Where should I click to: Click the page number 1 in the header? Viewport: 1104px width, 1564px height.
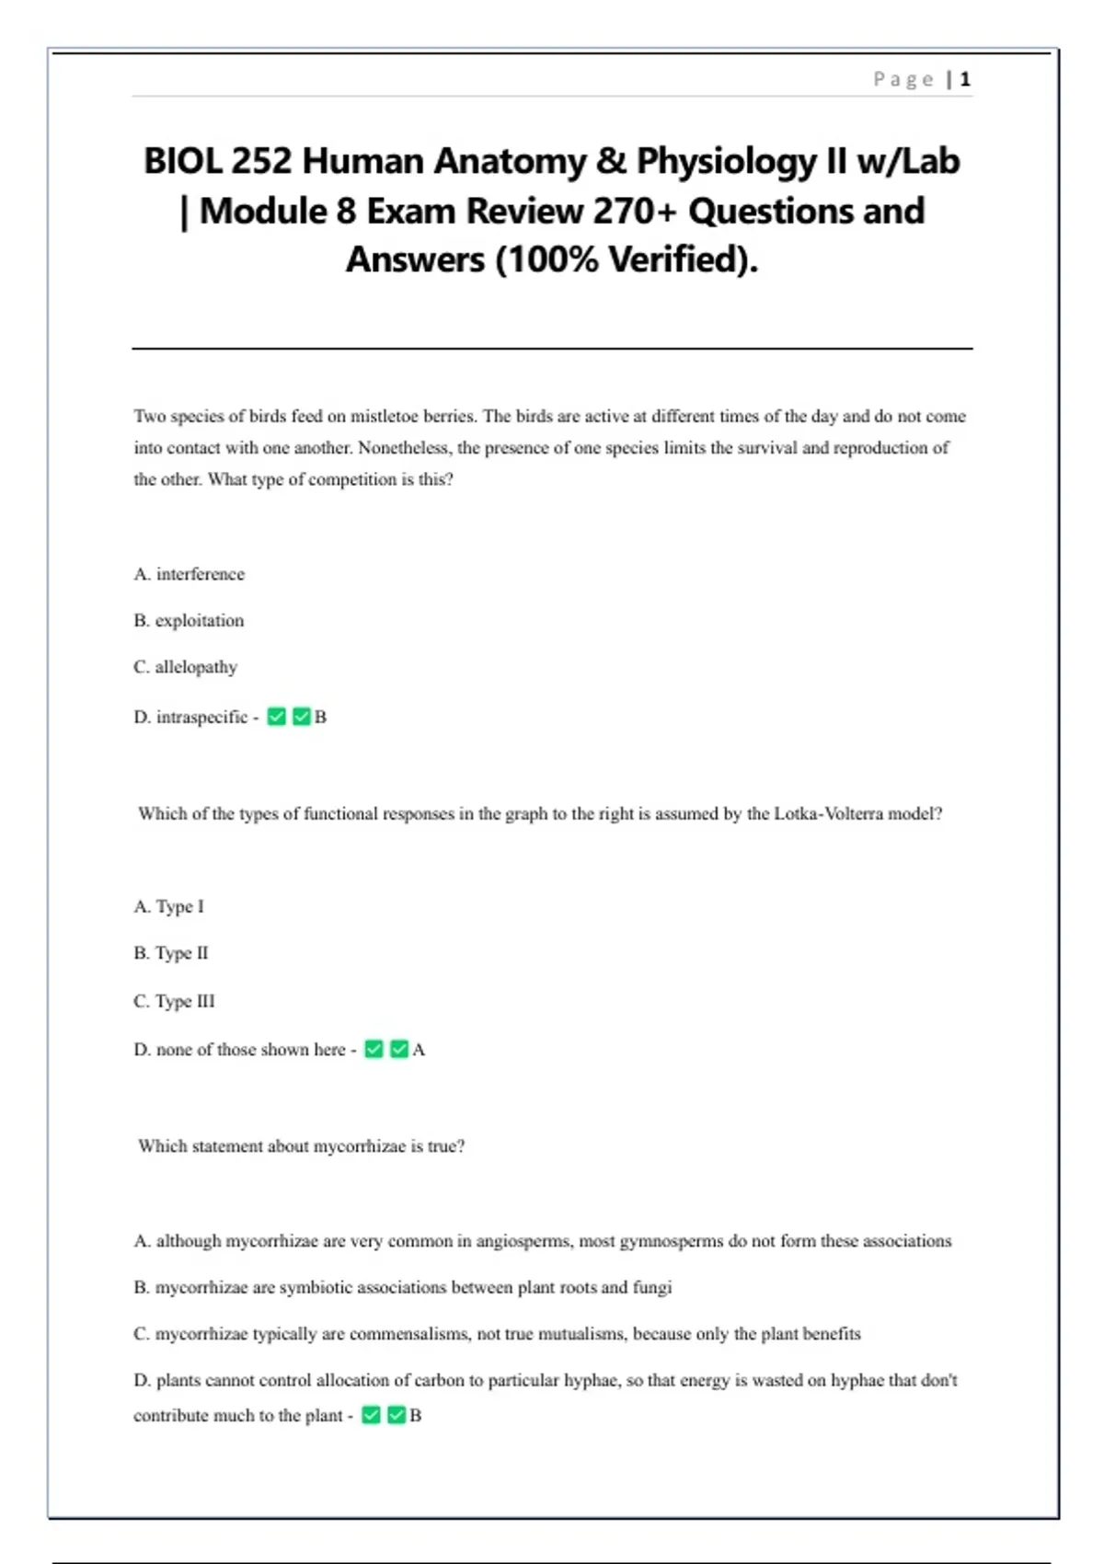965,80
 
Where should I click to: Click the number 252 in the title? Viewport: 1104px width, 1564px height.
261,161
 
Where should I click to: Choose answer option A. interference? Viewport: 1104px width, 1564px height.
190,574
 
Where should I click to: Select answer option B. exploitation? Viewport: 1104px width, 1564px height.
189,621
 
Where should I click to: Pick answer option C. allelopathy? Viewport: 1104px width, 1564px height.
185,667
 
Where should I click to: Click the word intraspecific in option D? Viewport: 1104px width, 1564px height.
201,717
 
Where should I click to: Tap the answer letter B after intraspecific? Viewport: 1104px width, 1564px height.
320,717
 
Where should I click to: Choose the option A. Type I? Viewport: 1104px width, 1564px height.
169,906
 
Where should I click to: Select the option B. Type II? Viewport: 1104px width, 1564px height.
171,953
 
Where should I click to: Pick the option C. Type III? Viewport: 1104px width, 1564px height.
174,1001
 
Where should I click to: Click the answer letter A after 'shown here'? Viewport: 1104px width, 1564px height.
419,1050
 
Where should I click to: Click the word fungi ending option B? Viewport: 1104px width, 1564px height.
652,1287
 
